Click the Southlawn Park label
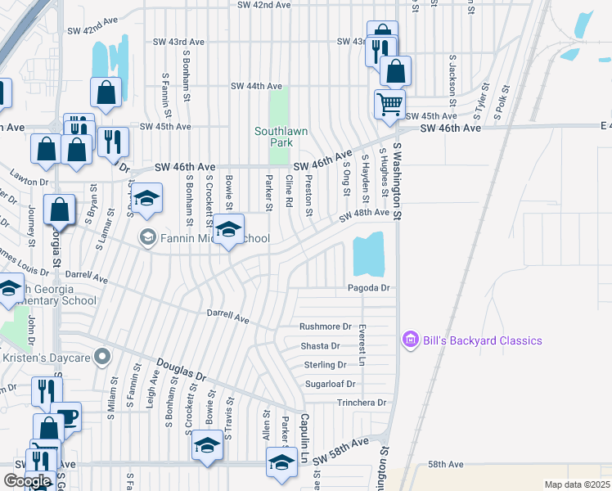coord(273,136)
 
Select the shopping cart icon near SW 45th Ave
coord(389,104)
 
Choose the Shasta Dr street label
coord(320,345)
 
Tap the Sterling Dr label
coord(324,364)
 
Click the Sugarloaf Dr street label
coord(330,383)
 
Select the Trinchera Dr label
coord(361,403)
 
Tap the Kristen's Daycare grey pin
coord(102,357)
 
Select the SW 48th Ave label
coord(365,213)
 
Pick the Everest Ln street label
coord(360,344)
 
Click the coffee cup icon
coord(66,417)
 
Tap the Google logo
coord(27,481)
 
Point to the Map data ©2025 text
coord(577,484)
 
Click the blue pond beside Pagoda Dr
coord(368,254)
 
